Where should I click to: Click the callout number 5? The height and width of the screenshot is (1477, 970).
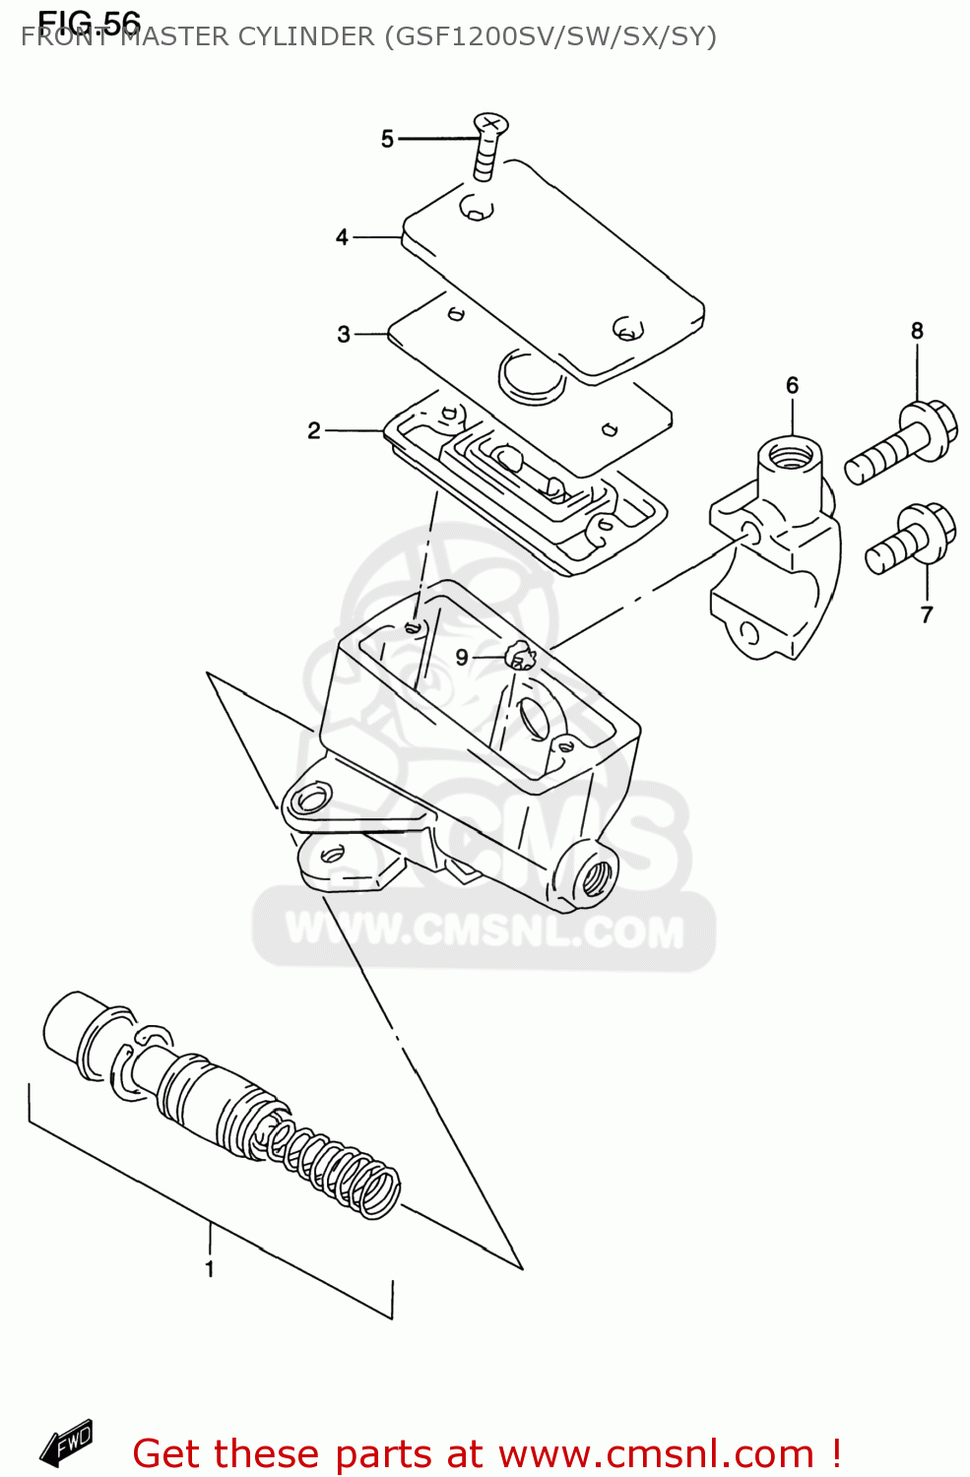coord(387,139)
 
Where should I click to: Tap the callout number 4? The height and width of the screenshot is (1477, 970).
coord(342,237)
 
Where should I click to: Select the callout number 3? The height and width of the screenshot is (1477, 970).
coord(344,335)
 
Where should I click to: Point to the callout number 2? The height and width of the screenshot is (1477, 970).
coord(314,430)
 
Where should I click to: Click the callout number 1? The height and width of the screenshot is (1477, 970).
coord(210,1269)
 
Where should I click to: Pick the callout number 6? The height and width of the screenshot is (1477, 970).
coord(792,385)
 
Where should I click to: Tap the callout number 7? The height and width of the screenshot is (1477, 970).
coord(926,614)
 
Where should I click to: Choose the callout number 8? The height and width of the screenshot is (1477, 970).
coord(917,331)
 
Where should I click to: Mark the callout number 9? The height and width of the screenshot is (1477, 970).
coord(462,657)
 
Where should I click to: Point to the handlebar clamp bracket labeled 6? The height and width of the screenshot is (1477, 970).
coord(778,551)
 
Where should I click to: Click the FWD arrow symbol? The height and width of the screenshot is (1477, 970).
coord(66,1444)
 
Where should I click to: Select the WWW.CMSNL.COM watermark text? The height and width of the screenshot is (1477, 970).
coord(484,931)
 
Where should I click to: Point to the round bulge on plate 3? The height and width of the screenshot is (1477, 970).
coord(532,374)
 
